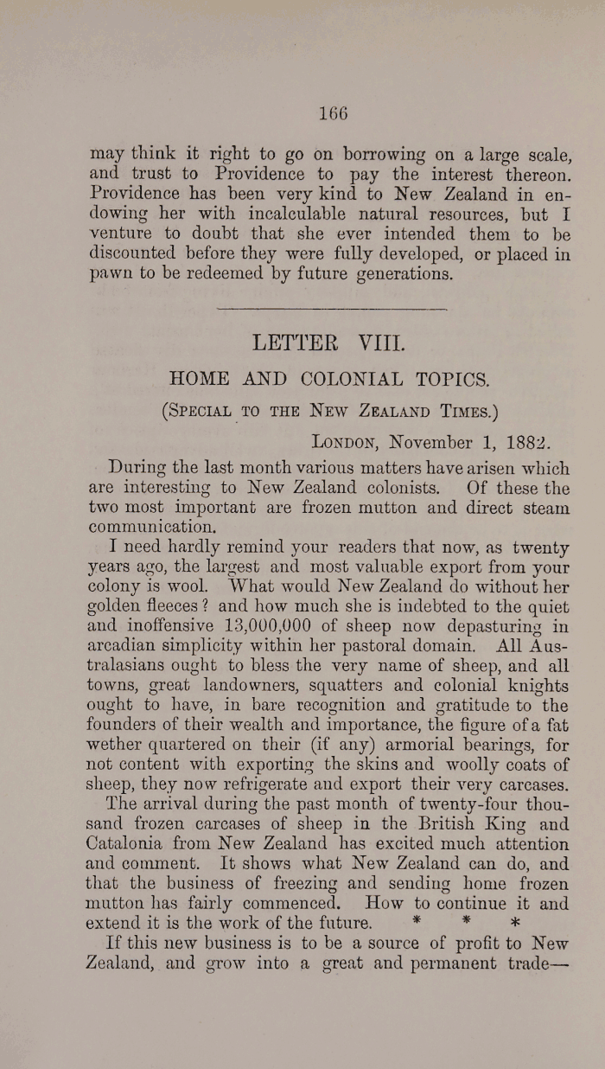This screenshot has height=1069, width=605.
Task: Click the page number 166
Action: [332, 113]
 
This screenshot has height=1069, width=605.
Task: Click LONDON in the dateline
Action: [347, 442]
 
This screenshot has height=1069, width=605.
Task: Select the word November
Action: [431, 442]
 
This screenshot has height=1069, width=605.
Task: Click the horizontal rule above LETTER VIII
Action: [330, 308]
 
